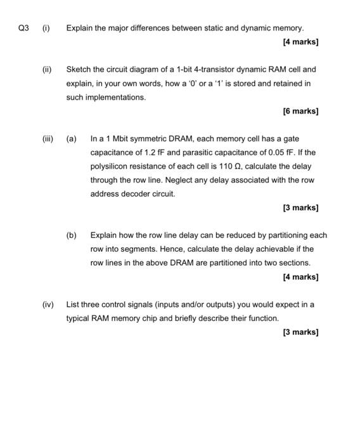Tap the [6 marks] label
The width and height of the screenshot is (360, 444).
point(298,111)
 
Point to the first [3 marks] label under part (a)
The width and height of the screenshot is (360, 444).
point(298,207)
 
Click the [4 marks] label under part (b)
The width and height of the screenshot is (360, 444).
point(298,277)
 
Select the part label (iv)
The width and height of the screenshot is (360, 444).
point(48,304)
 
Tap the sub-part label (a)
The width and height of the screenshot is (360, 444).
point(72,138)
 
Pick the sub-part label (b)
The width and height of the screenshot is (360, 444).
point(72,235)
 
